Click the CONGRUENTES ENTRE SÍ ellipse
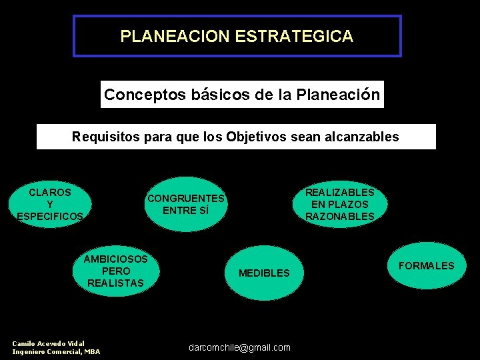tap(186, 204)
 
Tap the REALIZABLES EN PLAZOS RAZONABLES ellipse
tap(339, 204)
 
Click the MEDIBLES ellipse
tap(264, 273)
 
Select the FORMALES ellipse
tap(426, 266)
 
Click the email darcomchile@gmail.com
tap(239, 347)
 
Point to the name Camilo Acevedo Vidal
tap(49, 343)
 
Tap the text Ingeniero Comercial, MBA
tap(56, 351)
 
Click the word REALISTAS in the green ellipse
tap(115, 283)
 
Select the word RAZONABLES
tap(339, 216)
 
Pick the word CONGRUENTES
tap(186, 199)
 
